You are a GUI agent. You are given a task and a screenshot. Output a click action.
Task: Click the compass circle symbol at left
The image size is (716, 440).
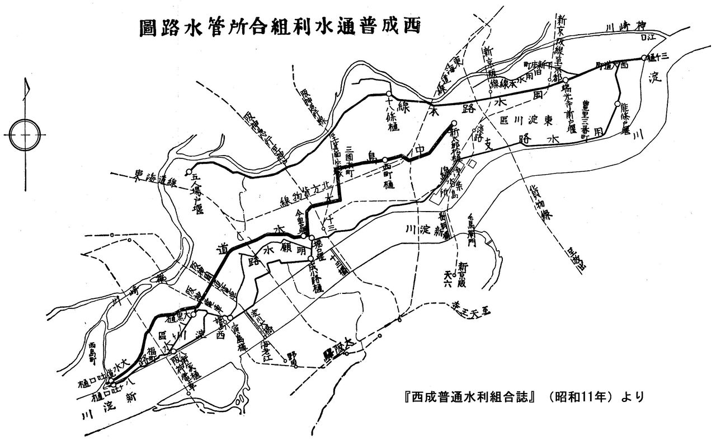pos(24,134)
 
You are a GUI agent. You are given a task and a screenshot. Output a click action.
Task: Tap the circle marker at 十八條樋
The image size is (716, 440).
pos(388,93)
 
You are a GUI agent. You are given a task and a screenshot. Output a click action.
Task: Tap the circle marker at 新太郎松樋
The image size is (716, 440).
pos(454,123)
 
